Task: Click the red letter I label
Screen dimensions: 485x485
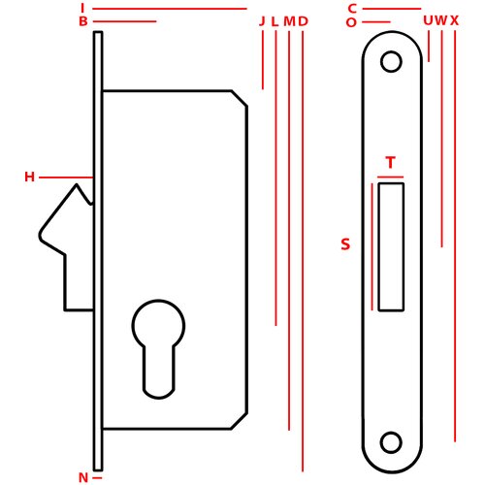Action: click(x=82, y=8)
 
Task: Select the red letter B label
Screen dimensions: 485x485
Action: click(x=83, y=21)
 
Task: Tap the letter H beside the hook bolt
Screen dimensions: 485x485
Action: click(x=29, y=177)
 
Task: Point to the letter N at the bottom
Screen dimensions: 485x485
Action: click(x=83, y=477)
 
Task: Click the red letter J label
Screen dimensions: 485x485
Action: click(x=262, y=21)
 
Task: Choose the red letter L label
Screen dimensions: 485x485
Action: click(x=275, y=21)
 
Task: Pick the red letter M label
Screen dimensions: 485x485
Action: click(x=289, y=21)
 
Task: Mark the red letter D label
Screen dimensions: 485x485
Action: click(x=303, y=21)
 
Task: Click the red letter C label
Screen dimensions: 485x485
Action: click(x=352, y=9)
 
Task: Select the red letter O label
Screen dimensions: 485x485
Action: click(x=351, y=22)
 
